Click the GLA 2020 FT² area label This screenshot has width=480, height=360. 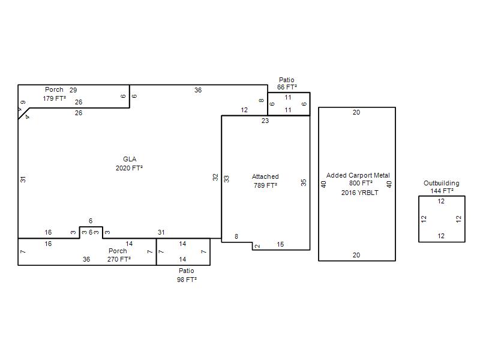[x=129, y=163]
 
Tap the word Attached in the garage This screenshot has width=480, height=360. [x=265, y=176]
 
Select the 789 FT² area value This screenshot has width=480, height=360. [x=265, y=185]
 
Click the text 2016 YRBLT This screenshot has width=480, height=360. [x=359, y=193]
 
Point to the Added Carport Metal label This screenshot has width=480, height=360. [x=358, y=175]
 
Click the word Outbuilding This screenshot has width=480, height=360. [x=442, y=183]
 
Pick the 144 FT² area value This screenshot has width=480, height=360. [x=442, y=191]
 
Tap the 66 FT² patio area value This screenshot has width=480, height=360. [x=287, y=87]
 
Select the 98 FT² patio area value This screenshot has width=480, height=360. [x=187, y=280]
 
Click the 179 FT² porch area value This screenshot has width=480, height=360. [x=54, y=98]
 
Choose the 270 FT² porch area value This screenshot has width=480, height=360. [x=119, y=259]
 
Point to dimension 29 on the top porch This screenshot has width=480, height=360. [x=73, y=90]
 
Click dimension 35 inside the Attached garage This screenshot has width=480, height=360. [x=304, y=182]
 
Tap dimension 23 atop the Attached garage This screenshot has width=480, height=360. [x=265, y=121]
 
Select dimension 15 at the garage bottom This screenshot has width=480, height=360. [x=280, y=244]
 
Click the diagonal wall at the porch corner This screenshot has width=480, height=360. [x=24, y=113]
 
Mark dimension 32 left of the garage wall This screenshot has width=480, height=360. [x=215, y=177]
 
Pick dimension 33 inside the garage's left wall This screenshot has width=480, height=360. [x=227, y=179]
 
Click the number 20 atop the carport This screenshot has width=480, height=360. [x=356, y=112]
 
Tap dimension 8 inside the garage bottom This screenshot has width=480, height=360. [x=236, y=236]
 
